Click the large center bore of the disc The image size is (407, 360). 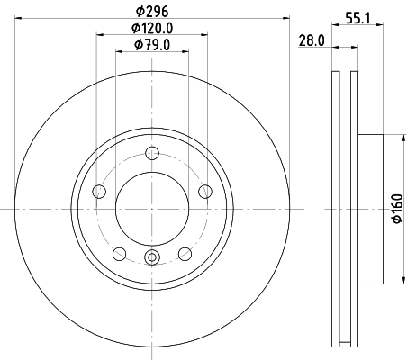[x=151, y=208]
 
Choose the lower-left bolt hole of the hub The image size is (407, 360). [x=119, y=253]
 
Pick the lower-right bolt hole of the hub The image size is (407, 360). [x=185, y=253]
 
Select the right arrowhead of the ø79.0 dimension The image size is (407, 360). [x=187, y=52]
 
